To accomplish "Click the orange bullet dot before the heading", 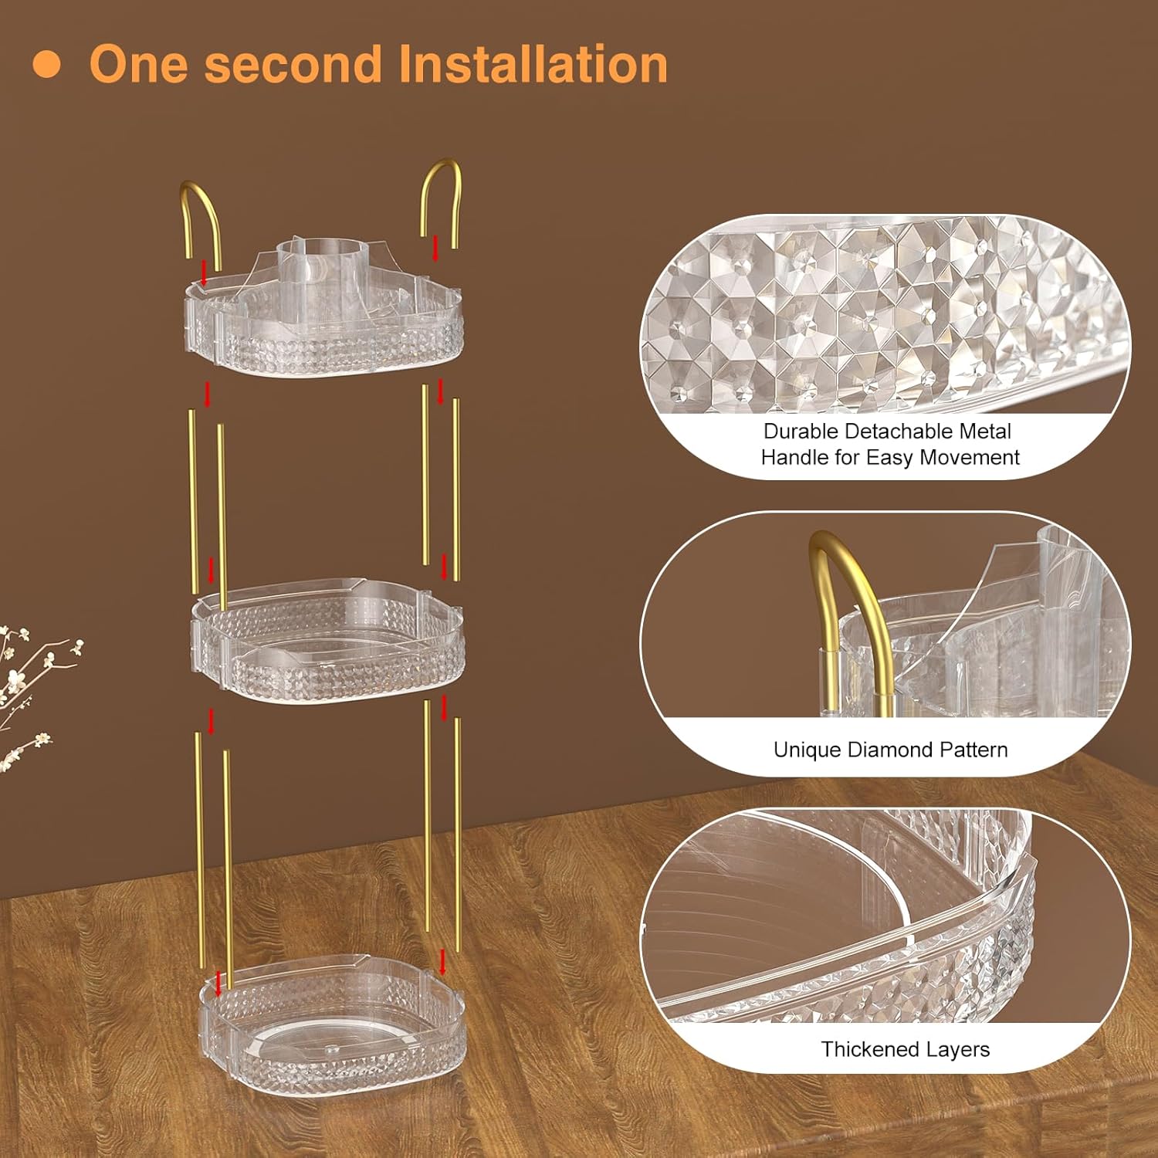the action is [46, 64].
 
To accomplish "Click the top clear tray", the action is [325, 323].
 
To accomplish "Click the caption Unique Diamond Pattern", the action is [890, 750].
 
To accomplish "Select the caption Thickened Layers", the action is [905, 1049].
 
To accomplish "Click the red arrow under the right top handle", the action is [436, 249].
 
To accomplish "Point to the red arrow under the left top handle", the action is [204, 273].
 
